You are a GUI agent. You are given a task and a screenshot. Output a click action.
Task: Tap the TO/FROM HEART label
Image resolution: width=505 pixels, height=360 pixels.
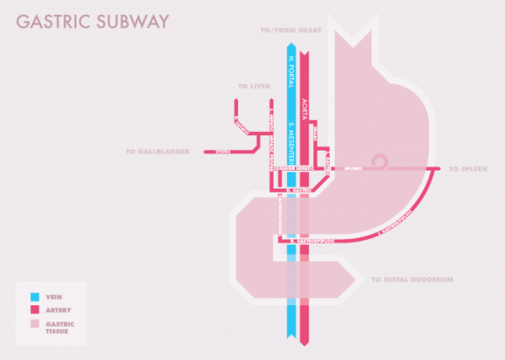coord(290,31)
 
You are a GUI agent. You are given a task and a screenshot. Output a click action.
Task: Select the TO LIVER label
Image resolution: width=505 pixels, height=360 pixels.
coord(252,86)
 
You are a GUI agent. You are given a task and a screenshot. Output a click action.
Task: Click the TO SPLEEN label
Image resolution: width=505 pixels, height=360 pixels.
coord(466,169)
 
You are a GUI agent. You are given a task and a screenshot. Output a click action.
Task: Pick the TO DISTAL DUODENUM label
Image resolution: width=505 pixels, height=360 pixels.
coord(412,278)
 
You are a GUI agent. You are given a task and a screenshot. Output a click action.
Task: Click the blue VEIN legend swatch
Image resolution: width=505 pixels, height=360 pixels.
coord(35,297)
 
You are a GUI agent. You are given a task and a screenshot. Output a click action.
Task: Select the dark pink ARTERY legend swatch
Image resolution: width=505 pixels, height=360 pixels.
coord(35,310)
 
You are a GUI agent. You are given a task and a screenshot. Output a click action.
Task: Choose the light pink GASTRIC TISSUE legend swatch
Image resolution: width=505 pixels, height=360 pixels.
coord(35,324)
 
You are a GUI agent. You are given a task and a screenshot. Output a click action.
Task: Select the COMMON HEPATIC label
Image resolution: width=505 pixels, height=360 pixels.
coord(292,169)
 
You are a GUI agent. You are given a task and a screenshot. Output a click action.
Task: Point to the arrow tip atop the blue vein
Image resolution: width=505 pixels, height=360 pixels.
coord(290,45)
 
